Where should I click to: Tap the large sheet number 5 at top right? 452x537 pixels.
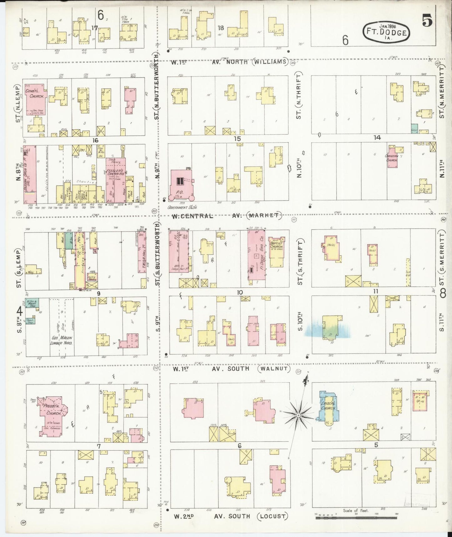point(427,21)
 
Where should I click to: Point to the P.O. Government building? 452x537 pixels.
point(180,185)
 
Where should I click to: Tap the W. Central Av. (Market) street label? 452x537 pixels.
point(225,216)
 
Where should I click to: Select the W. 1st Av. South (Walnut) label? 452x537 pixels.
point(230,369)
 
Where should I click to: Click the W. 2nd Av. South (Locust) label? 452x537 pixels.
point(230,516)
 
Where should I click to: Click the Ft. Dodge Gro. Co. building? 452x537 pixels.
point(256,255)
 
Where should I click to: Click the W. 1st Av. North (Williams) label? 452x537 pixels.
point(228,62)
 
